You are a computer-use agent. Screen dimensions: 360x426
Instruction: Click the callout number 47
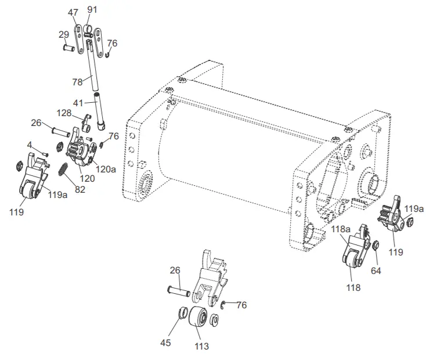click(73, 12)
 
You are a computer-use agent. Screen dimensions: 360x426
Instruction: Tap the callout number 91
click(92, 9)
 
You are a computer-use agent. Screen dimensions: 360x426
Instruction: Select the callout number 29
click(64, 35)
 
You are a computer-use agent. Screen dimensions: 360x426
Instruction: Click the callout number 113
click(202, 347)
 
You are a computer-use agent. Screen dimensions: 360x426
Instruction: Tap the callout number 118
click(353, 287)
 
